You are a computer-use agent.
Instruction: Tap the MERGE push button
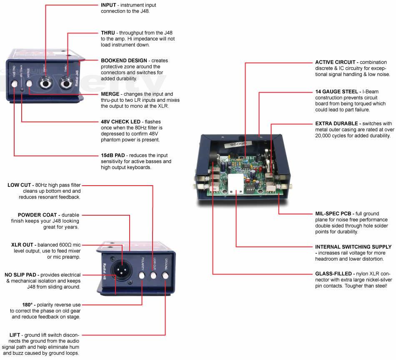(x=29, y=84)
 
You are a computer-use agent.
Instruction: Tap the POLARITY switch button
(x=142, y=275)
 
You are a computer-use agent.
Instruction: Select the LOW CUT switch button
(x=153, y=275)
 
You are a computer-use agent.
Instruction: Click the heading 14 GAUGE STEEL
(x=336, y=91)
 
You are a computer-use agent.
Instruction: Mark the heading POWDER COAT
(x=38, y=215)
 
